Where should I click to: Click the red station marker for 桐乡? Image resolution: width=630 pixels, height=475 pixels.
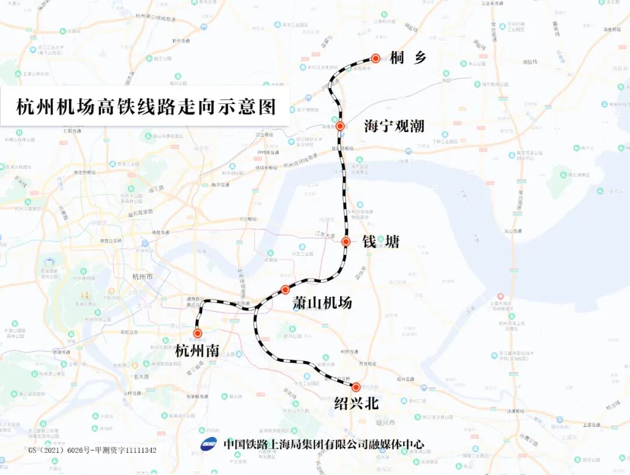(376, 58)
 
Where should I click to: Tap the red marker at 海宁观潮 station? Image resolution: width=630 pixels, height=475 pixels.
(339, 126)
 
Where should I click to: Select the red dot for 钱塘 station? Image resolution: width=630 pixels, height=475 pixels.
(345, 241)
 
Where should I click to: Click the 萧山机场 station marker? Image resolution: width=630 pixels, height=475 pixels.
(285, 289)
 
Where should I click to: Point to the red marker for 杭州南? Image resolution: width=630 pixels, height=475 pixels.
(198, 332)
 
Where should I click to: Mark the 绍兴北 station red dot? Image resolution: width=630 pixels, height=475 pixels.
(356, 386)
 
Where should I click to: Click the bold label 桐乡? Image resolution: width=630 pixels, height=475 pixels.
(409, 58)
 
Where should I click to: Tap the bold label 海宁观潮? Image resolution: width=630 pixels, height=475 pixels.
(394, 126)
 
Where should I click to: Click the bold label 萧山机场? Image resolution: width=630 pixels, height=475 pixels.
(322, 303)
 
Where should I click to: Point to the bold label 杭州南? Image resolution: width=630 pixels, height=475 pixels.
(197, 351)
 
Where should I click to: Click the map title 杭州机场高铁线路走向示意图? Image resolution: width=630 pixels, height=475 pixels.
(145, 107)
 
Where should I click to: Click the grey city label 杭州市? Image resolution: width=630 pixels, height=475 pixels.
(142, 276)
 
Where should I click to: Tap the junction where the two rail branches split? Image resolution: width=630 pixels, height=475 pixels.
(255, 307)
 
